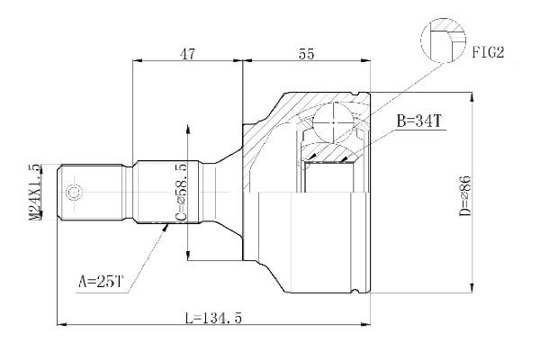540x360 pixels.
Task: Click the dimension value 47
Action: [186, 54]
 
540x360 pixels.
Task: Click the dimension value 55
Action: [306, 54]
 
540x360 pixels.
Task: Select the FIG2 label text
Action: [486, 52]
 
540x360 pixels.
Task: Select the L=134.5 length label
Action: [212, 316]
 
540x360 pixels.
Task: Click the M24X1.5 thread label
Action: [34, 192]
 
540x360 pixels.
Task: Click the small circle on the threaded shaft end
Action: [75, 192]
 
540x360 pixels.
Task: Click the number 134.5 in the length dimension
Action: [225, 316]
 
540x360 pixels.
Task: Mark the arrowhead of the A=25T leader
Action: [166, 227]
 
